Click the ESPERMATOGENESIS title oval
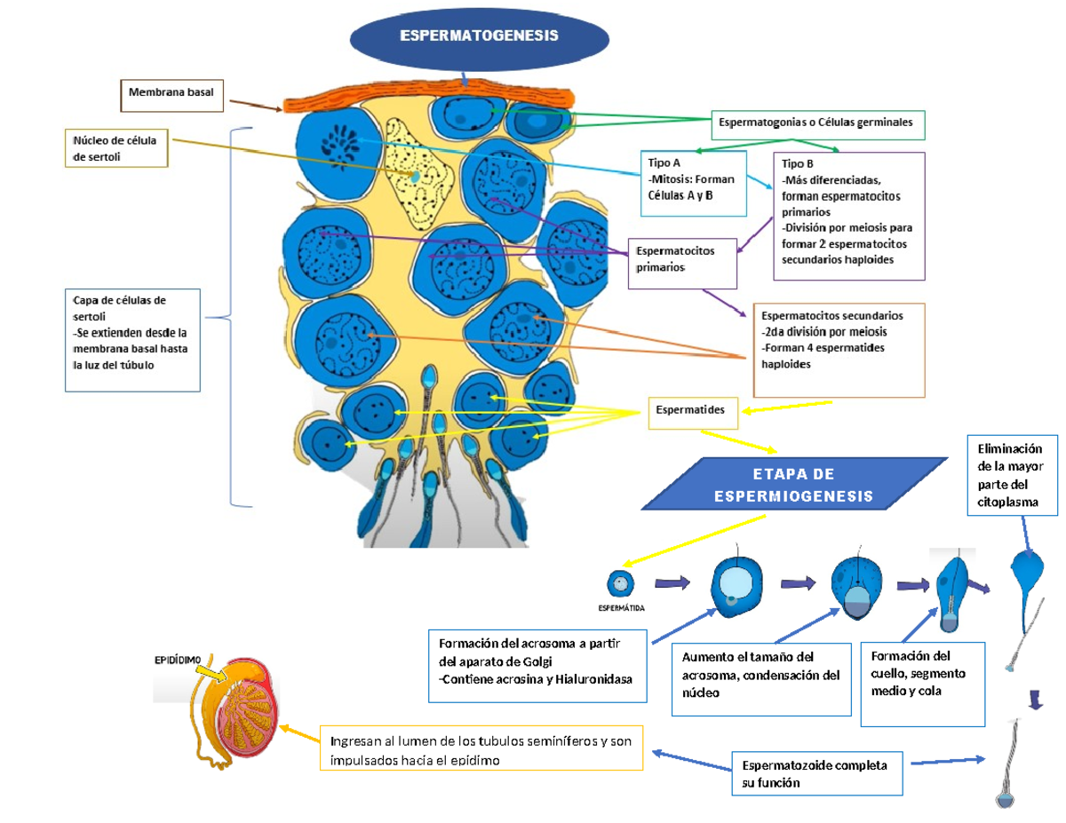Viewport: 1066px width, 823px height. click(x=479, y=37)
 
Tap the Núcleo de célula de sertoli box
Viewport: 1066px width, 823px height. click(x=117, y=147)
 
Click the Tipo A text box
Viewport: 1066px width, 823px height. click(x=682, y=183)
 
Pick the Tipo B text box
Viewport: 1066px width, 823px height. click(x=848, y=215)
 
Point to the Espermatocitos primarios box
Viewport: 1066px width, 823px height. click(x=682, y=262)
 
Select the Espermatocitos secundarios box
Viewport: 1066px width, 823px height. click(x=839, y=350)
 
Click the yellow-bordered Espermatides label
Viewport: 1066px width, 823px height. click(x=692, y=411)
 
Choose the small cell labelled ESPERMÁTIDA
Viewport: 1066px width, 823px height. click(x=619, y=583)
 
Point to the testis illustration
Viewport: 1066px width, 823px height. click(x=235, y=711)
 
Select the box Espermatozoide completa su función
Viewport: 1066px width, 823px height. click(x=818, y=773)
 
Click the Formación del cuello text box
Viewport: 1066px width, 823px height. click(x=922, y=682)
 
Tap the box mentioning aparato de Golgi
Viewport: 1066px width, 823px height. click(x=538, y=665)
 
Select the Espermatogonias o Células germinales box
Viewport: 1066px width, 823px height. click(x=818, y=124)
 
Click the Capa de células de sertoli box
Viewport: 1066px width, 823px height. click(x=132, y=339)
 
